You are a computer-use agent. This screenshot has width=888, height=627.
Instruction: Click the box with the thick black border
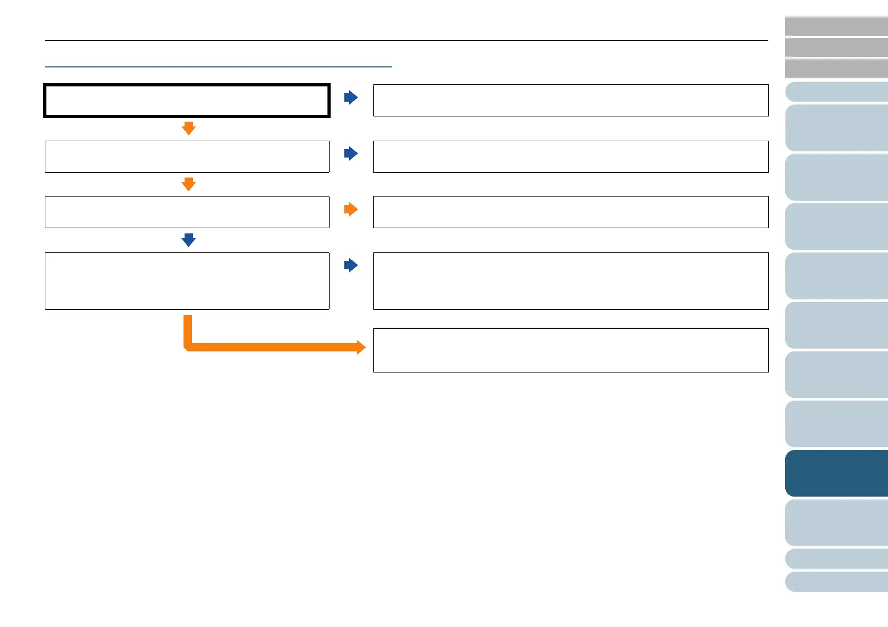coord(187,100)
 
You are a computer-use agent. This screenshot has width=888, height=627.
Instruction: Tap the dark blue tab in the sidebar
coord(836,473)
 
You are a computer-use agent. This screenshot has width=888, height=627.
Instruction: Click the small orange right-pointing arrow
coord(351,209)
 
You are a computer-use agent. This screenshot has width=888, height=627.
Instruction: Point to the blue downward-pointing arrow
coord(188,240)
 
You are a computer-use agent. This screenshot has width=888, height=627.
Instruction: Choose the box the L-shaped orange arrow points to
coord(571,350)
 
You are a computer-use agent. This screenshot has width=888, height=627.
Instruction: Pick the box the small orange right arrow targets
coord(571,212)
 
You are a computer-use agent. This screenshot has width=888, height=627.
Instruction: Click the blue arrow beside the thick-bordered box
coord(351,97)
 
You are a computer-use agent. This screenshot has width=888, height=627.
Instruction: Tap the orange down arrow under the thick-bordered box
coord(188,128)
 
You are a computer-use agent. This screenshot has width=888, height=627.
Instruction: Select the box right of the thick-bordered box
coord(571,100)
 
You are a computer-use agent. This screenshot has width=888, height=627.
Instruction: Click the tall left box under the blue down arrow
coord(187,281)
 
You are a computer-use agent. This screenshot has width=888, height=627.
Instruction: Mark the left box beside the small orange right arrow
coord(187,212)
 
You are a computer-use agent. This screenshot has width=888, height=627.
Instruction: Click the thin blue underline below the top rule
coord(218,67)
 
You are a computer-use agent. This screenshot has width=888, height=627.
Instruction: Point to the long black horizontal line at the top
coord(406,41)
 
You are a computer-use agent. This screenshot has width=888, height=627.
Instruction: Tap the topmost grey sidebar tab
coord(836,26)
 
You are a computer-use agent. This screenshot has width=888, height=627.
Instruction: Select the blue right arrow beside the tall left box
coord(351,265)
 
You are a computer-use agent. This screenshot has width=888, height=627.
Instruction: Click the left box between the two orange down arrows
coord(187,156)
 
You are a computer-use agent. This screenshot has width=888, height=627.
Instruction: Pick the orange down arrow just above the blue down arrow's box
coord(188,184)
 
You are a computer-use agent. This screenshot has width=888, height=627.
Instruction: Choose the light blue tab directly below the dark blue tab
coord(836,522)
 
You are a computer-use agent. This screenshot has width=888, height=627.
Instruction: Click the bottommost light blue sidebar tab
coord(836,582)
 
